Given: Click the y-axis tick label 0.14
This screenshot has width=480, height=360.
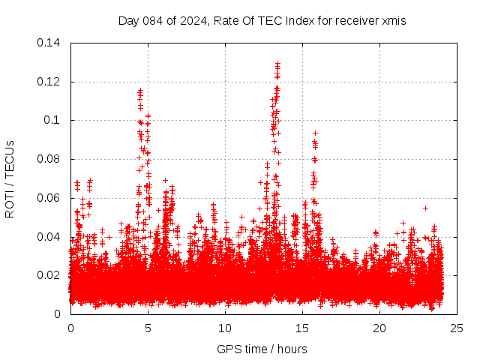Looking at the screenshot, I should click(x=49, y=43).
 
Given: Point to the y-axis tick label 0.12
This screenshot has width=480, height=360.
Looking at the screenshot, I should click(x=49, y=82).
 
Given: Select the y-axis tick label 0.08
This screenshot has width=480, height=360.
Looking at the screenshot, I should click(x=49, y=159).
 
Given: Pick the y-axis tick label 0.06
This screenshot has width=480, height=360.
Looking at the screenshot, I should click(x=49, y=198).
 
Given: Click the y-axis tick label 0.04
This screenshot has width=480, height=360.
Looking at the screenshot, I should click(x=49, y=237).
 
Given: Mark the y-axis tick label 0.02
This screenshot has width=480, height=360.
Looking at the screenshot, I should click(x=49, y=275).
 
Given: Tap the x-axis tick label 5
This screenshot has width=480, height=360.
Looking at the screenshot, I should click(x=148, y=328).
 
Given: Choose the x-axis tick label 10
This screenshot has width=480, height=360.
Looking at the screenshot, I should click(x=225, y=328).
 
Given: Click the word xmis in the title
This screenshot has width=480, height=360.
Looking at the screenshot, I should click(x=393, y=21).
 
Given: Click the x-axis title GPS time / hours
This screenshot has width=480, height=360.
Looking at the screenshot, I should click(x=262, y=349).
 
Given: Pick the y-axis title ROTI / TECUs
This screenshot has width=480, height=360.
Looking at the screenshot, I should click(x=10, y=178).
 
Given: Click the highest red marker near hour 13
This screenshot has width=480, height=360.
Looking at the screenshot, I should click(x=277, y=64).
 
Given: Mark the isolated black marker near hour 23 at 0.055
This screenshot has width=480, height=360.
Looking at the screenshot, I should click(x=425, y=208).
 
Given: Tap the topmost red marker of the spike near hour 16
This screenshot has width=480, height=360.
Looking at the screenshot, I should click(x=316, y=133).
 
